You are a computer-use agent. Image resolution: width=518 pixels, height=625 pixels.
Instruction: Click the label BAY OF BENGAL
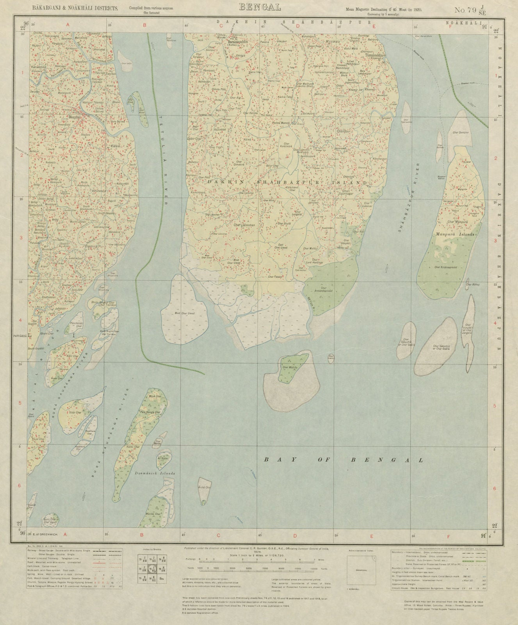(x=344, y=460)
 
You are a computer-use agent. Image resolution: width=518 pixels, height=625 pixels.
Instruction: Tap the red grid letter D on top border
(x=297, y=27)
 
